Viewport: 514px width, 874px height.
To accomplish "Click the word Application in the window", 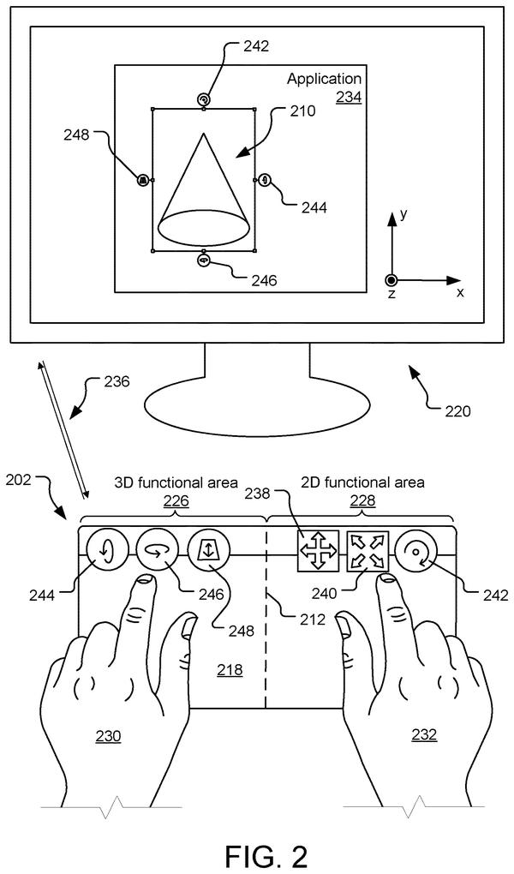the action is click(324, 79).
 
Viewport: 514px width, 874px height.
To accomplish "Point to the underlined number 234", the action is click(349, 98).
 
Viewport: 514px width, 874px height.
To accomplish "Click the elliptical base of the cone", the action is click(204, 227).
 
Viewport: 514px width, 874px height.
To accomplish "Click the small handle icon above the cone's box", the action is click(204, 99).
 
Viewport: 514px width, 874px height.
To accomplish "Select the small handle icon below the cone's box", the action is click(204, 260).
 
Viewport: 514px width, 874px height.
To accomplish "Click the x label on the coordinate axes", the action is click(460, 291).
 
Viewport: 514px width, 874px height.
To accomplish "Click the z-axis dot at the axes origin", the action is click(391, 280).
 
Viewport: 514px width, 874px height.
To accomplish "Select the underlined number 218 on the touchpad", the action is click(230, 669).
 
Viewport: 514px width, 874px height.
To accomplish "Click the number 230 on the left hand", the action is click(108, 736).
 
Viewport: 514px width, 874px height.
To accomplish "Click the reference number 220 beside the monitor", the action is click(457, 411).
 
